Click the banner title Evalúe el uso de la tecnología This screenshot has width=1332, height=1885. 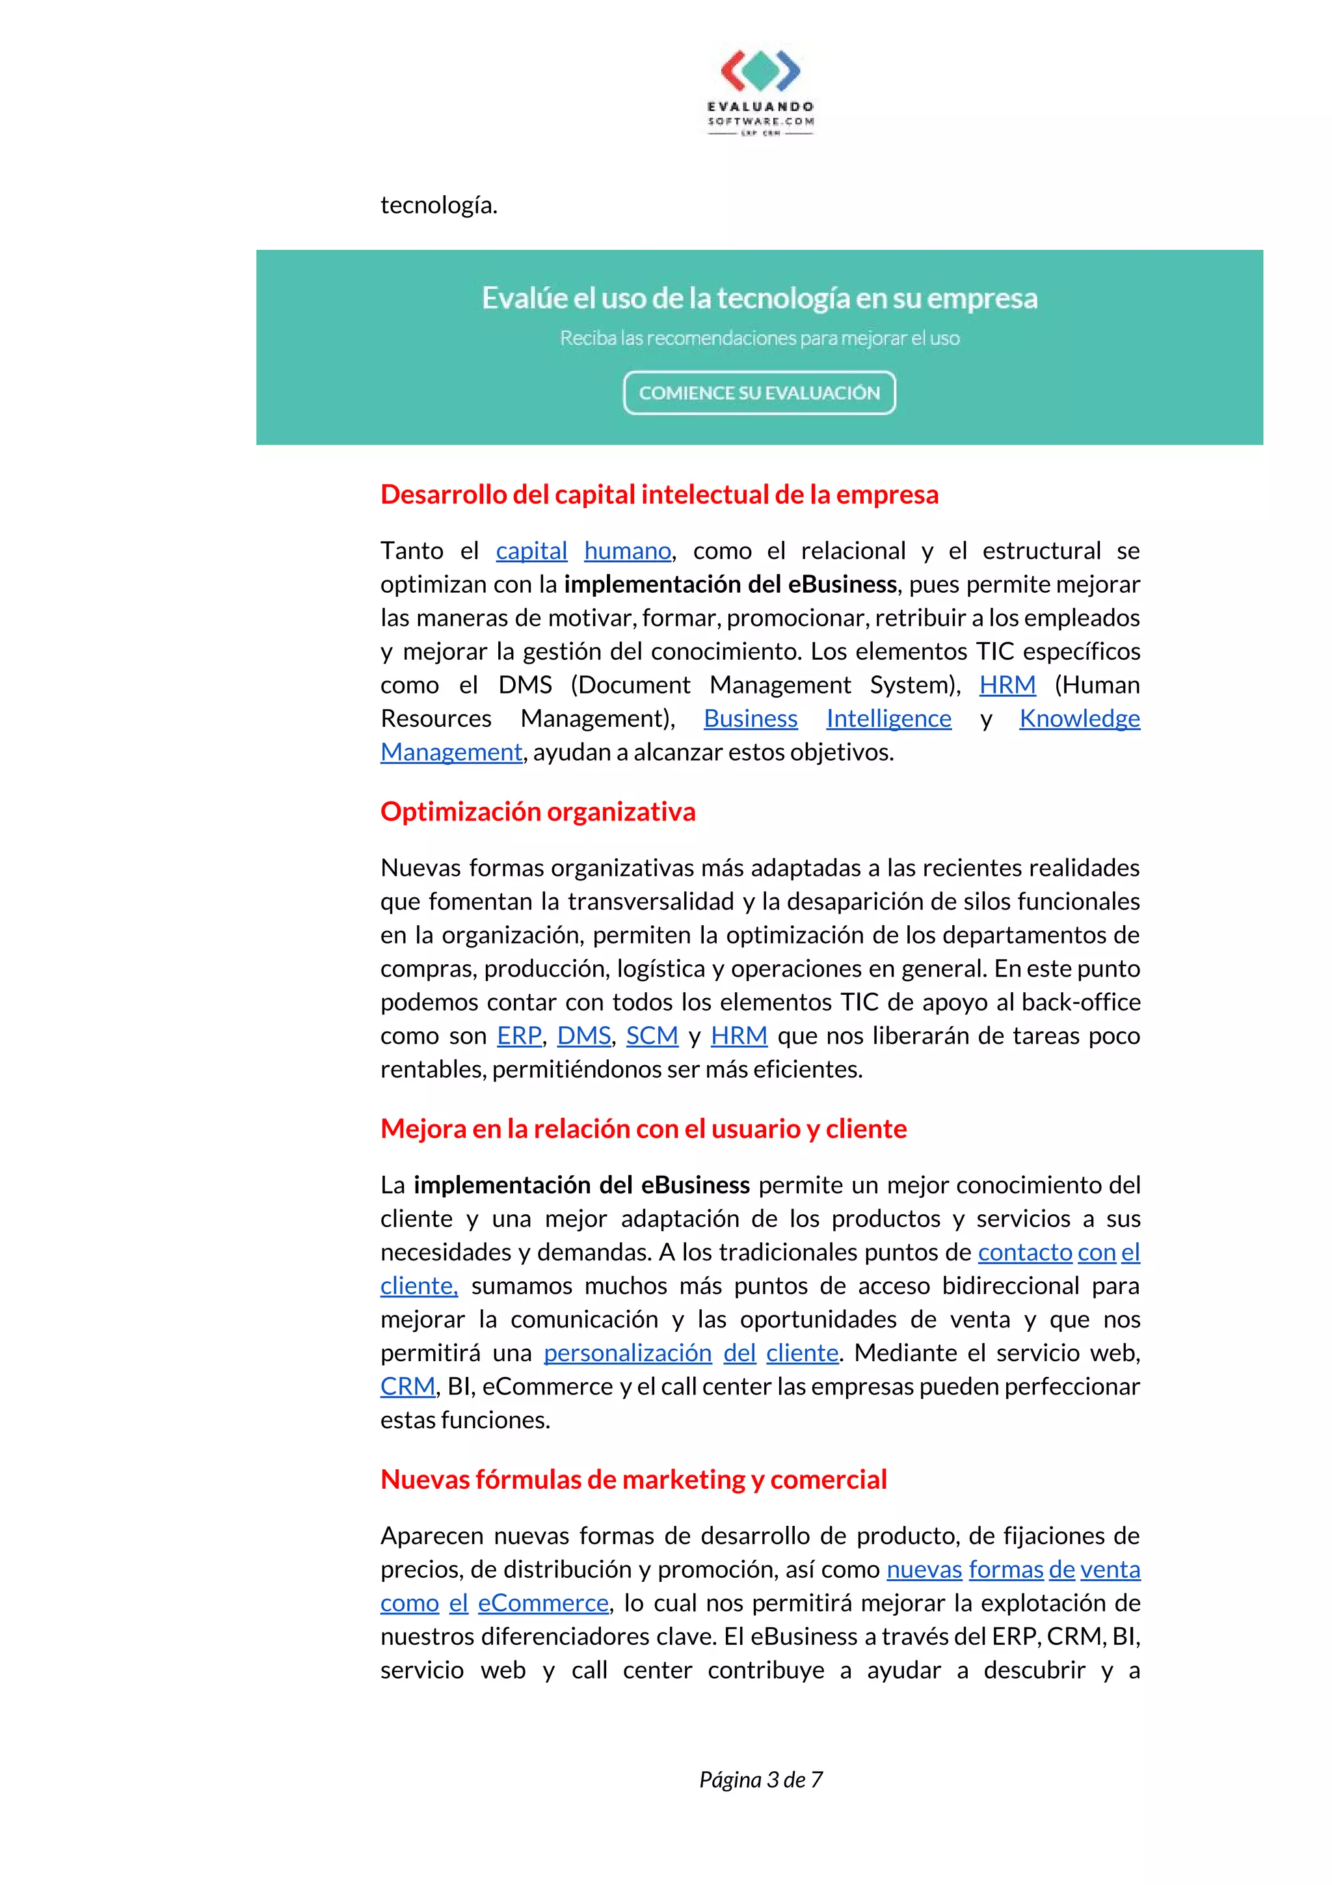[x=759, y=298]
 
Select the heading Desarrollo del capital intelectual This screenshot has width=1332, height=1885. [x=659, y=495]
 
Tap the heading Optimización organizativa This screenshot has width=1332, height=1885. [x=538, y=811]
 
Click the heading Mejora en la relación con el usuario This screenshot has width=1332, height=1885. [x=643, y=1128]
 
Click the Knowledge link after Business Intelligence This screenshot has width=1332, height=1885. [x=1079, y=718]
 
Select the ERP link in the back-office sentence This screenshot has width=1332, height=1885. [x=518, y=1035]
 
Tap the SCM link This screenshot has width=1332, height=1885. [x=652, y=1035]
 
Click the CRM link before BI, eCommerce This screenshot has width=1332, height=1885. [x=408, y=1386]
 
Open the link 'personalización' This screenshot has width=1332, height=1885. [x=628, y=1352]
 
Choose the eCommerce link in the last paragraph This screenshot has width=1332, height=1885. [x=543, y=1603]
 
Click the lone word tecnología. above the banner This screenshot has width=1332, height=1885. [x=439, y=204]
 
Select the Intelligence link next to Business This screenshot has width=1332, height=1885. [x=889, y=718]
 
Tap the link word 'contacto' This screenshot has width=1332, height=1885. [x=1025, y=1252]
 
